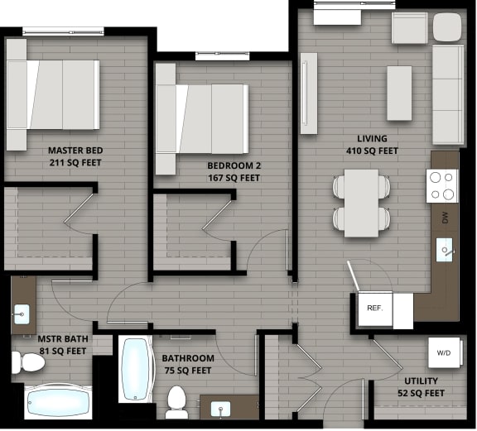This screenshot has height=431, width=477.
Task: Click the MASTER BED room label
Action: [x=75, y=157]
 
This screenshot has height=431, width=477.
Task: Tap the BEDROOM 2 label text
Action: [x=234, y=171]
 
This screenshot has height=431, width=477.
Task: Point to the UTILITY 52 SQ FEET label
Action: [x=422, y=386]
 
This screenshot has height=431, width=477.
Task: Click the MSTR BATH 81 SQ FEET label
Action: [x=62, y=345]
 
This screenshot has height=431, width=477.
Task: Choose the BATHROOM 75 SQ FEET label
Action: [x=188, y=365]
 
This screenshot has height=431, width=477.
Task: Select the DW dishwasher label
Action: [x=446, y=218]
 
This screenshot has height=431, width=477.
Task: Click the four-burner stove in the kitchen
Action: [x=441, y=186]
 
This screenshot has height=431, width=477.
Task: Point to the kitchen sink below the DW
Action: [x=446, y=249]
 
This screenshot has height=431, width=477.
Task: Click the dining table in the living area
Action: [x=361, y=202]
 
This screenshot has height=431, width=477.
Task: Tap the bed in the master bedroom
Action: [x=53, y=94]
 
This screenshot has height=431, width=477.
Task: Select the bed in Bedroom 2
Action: [x=202, y=119]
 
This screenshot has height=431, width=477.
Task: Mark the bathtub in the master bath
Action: [x=58, y=403]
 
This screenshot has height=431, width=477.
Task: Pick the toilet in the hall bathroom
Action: [x=176, y=401]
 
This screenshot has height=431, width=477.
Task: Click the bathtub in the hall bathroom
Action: [x=136, y=368]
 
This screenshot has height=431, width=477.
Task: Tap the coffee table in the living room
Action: [x=399, y=93]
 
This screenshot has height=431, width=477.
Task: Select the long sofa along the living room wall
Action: [x=448, y=94]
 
